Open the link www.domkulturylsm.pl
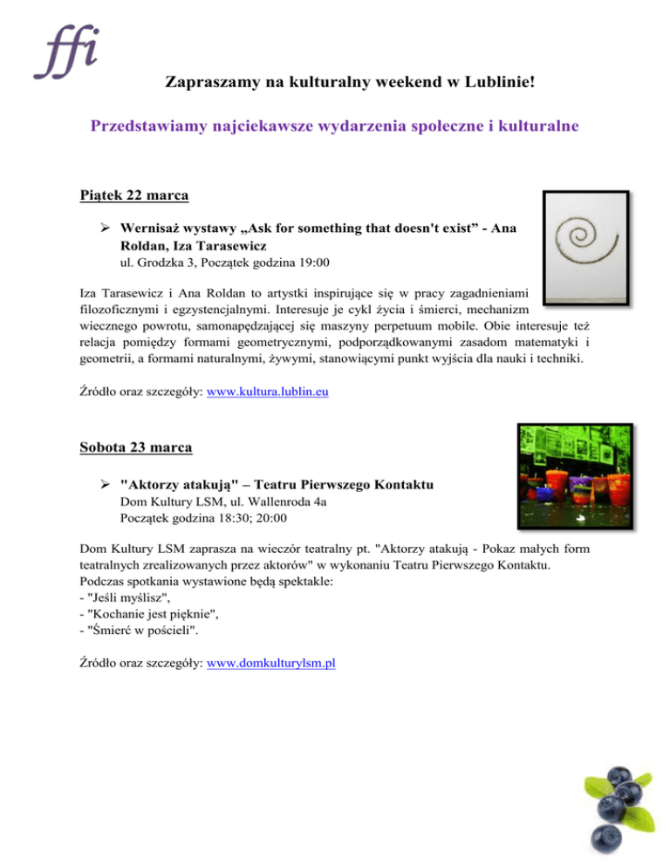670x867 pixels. pyautogui.click(x=272, y=663)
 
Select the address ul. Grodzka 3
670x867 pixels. pyautogui.click(x=152, y=262)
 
